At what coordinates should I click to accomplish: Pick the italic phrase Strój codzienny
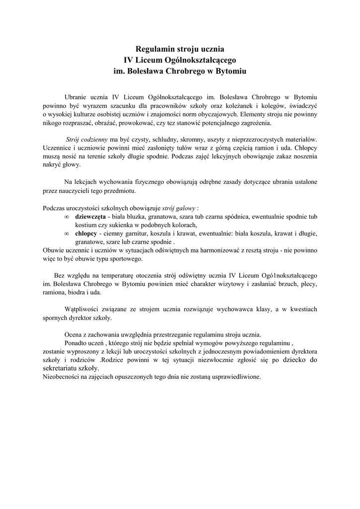click(87, 140)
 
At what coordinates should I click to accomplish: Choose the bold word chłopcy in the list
click(86, 234)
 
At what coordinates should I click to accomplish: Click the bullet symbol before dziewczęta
click(67, 217)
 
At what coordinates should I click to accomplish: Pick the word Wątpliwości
click(85, 309)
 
